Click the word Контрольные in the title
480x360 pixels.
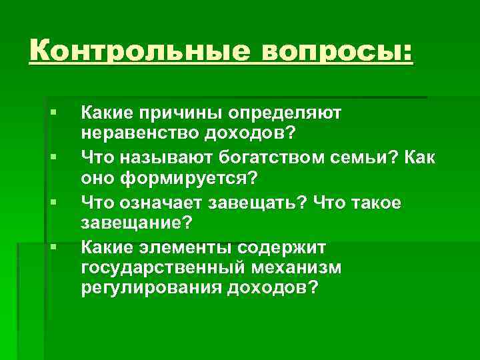137,51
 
